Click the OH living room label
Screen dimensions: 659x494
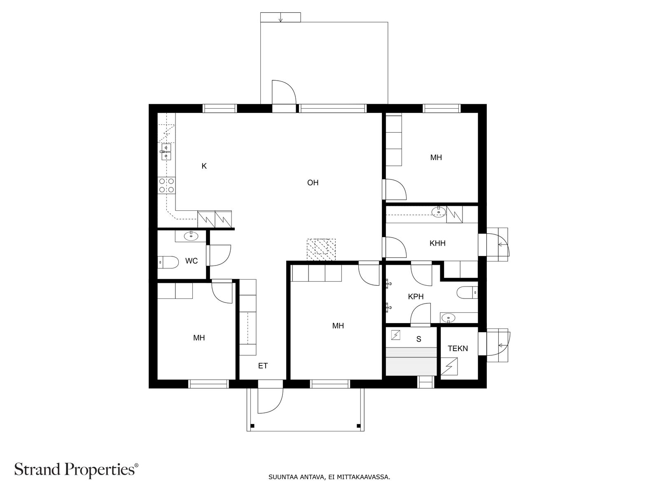313,183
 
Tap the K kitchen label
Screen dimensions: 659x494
204,166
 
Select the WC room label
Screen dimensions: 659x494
192,261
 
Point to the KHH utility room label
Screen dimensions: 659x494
437,243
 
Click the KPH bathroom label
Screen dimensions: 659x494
416,297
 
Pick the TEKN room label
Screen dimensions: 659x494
458,349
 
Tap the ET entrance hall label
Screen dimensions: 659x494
263,366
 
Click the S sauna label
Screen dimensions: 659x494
419,339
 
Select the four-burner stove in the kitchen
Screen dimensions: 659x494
167,185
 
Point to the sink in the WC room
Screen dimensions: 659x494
191,236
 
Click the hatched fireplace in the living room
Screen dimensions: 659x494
321,249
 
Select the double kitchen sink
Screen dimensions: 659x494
166,152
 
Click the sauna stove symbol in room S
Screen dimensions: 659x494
396,335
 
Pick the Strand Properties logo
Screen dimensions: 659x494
77,470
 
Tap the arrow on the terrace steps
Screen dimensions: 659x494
280,17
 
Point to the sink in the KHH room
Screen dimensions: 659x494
439,212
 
